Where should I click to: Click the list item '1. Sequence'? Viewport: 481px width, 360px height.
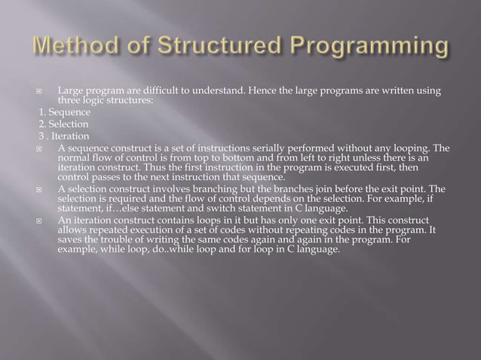coord(65,112)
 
